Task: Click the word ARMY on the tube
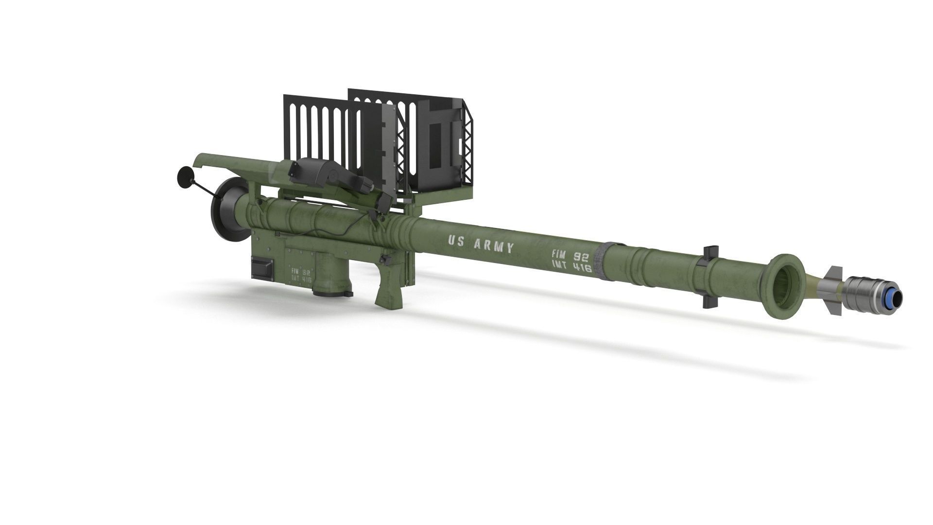494,246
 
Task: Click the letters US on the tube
457,241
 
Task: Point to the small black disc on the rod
185,176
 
